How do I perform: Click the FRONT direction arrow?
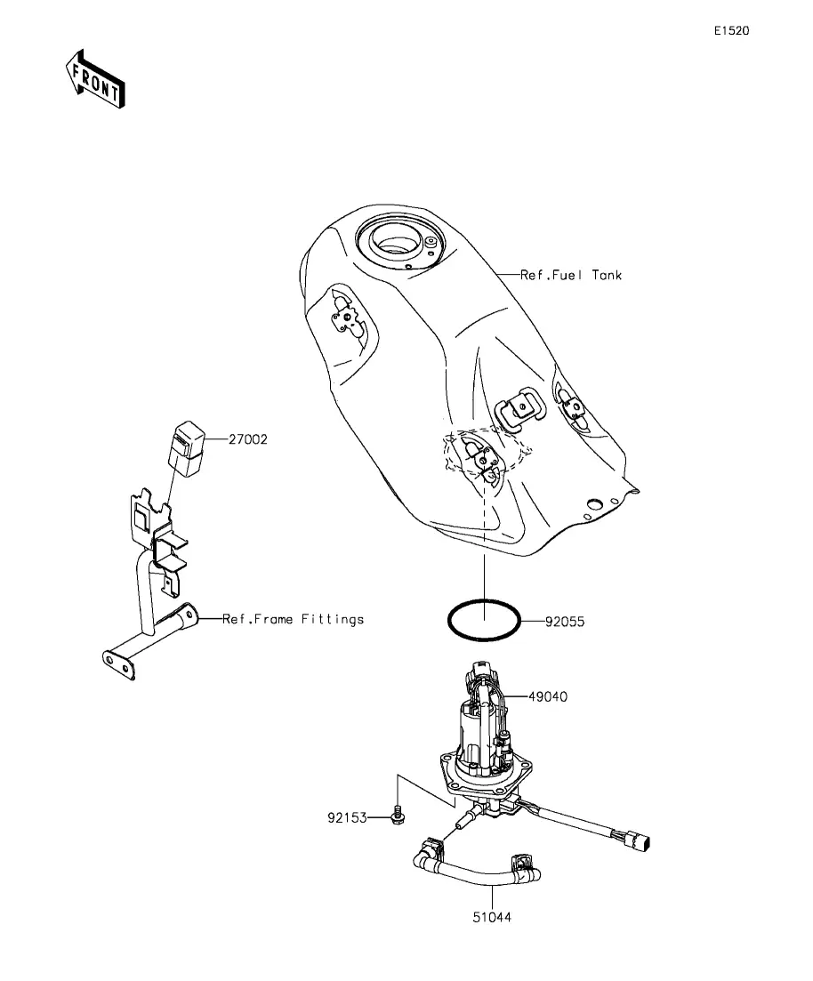tap(94, 79)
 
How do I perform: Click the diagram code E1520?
tap(731, 31)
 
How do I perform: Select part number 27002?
tap(247, 438)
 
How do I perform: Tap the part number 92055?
tap(566, 623)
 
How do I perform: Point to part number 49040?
tap(548, 697)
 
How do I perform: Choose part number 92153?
tap(346, 816)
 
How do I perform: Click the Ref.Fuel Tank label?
tap(571, 276)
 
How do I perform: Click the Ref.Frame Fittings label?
tap(293, 619)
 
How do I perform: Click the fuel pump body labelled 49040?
tap(480, 729)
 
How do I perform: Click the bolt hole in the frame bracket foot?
tap(110, 660)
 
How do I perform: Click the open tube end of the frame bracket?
tap(189, 614)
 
